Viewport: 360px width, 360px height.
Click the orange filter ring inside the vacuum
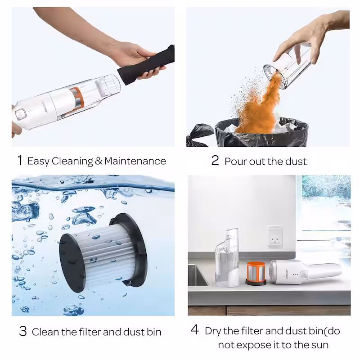click(x=77, y=98)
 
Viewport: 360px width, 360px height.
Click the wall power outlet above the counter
click(x=275, y=237)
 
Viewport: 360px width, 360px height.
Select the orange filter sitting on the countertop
click(x=256, y=274)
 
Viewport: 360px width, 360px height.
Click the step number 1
click(x=20, y=160)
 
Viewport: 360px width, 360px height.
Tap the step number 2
click(x=215, y=160)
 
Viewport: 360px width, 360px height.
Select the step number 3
click(x=23, y=331)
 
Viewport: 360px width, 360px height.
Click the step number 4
click(x=195, y=330)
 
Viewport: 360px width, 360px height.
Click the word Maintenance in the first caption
click(x=135, y=161)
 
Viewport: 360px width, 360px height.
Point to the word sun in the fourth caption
click(x=319, y=345)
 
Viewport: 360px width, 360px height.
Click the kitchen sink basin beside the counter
click(x=197, y=275)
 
